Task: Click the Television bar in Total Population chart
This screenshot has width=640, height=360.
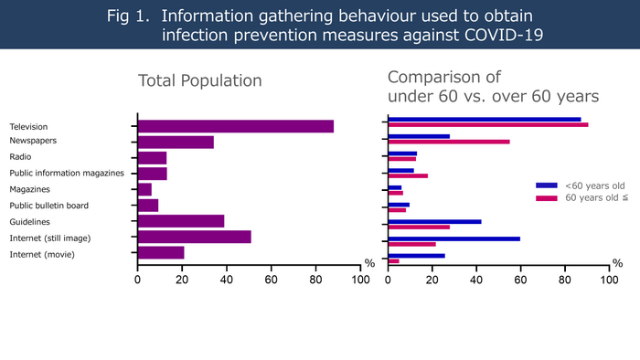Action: click(235, 126)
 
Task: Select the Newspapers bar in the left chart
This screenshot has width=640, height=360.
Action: click(176, 142)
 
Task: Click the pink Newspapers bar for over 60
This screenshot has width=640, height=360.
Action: click(449, 142)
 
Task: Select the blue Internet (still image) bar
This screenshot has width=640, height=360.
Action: click(454, 238)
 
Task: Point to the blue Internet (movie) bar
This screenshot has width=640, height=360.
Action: click(417, 255)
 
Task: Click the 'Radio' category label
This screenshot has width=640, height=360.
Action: click(20, 157)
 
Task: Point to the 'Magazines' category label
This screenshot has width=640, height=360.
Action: click(29, 189)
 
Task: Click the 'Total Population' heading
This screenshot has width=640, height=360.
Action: click(199, 81)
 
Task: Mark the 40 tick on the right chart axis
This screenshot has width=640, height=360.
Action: click(476, 281)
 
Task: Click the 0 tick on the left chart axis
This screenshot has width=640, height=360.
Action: click(137, 281)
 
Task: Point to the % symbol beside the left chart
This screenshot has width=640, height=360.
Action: click(369, 263)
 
